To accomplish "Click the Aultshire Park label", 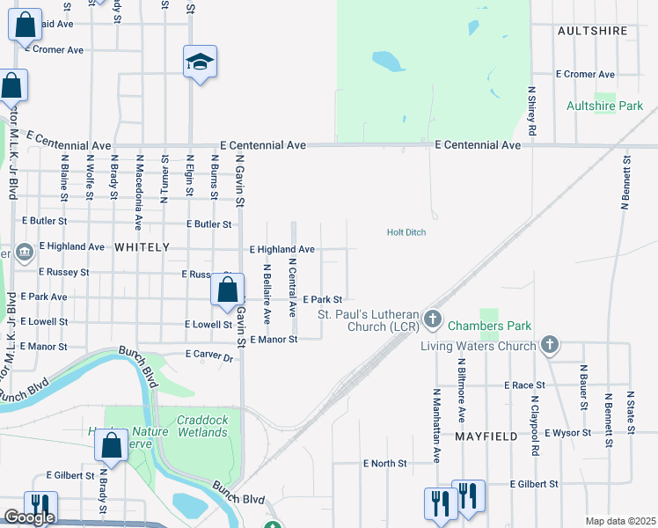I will tap(605, 106).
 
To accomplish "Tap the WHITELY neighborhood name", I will tap(141, 248).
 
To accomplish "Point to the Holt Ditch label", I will tap(406, 232).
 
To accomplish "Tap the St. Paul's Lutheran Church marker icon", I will tap(432, 318).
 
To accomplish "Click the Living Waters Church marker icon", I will tap(550, 344).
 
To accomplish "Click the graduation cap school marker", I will tap(200, 62).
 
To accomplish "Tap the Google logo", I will tap(28, 517).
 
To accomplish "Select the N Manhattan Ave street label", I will tap(436, 426).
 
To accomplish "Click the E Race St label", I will tap(525, 385).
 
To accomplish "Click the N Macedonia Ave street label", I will tap(139, 190).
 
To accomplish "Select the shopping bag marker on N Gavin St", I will tap(227, 289).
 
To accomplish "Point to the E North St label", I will tap(385, 463).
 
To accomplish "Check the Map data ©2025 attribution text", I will tap(620, 521).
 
